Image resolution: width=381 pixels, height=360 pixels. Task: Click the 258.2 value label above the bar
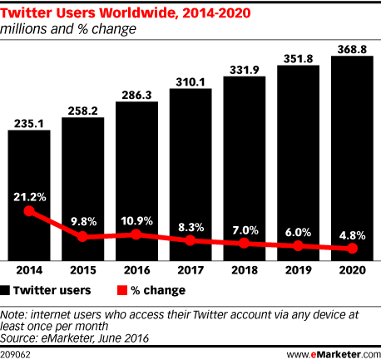point(83,110)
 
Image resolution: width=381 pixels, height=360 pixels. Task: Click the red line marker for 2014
point(30,211)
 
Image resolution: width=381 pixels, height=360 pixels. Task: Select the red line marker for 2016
point(137,234)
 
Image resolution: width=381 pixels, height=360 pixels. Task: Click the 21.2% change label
point(30,196)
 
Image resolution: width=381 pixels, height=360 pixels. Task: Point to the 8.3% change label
point(190,225)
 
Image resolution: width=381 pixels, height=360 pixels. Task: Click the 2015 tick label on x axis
point(83,269)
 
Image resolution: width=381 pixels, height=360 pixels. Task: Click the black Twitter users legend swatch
point(7,290)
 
